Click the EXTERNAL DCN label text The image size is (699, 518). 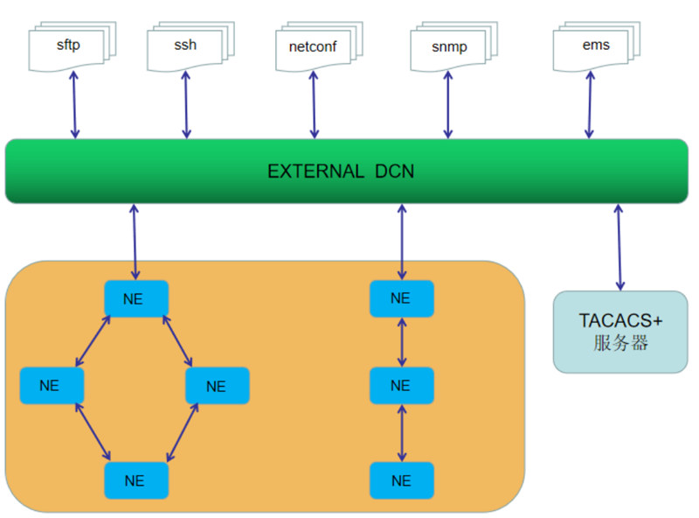click(341, 171)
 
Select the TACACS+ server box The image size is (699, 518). click(620, 332)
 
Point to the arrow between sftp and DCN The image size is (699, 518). click(74, 104)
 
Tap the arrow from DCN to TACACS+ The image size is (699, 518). click(619, 247)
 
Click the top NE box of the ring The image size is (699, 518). click(135, 298)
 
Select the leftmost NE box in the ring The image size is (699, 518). click(52, 386)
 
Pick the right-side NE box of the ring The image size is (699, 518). click(217, 386)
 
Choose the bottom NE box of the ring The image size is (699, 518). click(135, 480)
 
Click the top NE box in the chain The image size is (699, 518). click(401, 298)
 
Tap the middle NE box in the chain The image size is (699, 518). click(401, 386)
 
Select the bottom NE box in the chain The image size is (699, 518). click(401, 480)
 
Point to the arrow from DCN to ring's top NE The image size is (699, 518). click(135, 242)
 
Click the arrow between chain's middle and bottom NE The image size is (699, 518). click(402, 433)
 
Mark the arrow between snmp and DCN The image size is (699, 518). click(447, 105)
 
